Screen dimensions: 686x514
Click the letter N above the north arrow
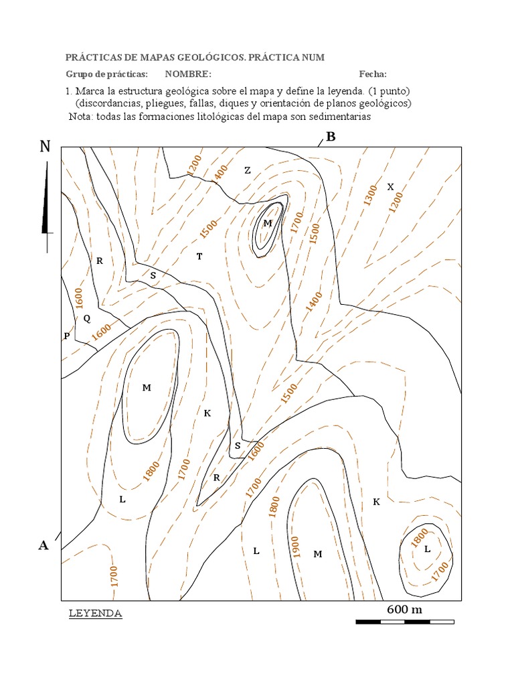click(x=45, y=146)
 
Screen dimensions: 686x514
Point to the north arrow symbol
click(x=46, y=204)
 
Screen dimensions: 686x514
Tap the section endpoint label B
click(x=330, y=137)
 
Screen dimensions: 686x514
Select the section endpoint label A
click(x=44, y=545)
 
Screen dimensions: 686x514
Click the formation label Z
click(x=248, y=170)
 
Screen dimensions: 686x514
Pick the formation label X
click(x=391, y=186)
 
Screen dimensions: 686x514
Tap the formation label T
click(x=199, y=256)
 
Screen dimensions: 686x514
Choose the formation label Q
click(x=86, y=318)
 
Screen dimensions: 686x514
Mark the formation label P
click(x=67, y=336)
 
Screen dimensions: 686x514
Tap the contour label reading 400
click(x=221, y=171)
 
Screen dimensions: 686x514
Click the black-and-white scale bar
click(x=405, y=622)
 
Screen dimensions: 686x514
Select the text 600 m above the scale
click(x=405, y=609)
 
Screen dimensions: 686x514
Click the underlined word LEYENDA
click(x=96, y=613)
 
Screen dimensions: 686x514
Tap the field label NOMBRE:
click(x=188, y=74)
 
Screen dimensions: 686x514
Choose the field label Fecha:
click(x=373, y=74)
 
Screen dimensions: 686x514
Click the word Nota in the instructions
click(x=81, y=116)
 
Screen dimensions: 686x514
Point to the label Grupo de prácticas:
click(x=106, y=74)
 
